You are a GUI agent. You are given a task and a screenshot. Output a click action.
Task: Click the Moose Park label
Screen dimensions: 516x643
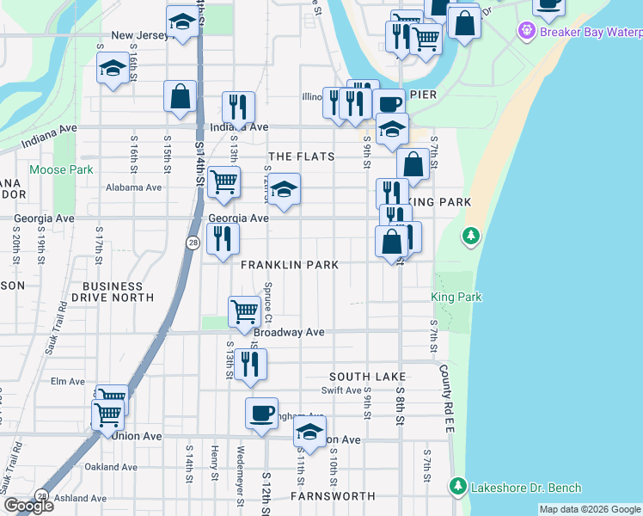[61, 170]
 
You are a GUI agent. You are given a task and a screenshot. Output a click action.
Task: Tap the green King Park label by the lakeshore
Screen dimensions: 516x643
[456, 298]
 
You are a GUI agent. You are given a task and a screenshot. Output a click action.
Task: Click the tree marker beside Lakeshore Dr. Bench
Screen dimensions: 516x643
[457, 488]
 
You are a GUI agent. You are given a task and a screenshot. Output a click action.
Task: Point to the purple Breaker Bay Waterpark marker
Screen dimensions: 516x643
[526, 32]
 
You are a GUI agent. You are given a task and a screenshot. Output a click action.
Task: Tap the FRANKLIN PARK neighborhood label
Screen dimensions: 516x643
[290, 266]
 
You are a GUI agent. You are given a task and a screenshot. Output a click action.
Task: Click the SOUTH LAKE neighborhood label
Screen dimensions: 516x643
[367, 377]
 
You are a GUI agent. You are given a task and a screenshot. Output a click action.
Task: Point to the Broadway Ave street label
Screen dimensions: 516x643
[289, 332]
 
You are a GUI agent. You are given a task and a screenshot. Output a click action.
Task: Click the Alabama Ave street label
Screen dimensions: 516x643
[133, 187]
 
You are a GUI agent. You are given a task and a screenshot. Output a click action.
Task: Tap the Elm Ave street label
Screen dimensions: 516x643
[68, 381]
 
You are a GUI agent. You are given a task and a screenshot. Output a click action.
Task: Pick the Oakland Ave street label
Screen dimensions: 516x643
[111, 467]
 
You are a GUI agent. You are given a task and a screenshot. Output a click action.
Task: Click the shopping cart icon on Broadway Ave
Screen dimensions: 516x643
[245, 310]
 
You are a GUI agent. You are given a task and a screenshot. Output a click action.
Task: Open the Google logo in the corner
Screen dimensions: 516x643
[28, 507]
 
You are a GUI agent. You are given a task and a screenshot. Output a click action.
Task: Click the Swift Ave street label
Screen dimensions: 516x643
[341, 390]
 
